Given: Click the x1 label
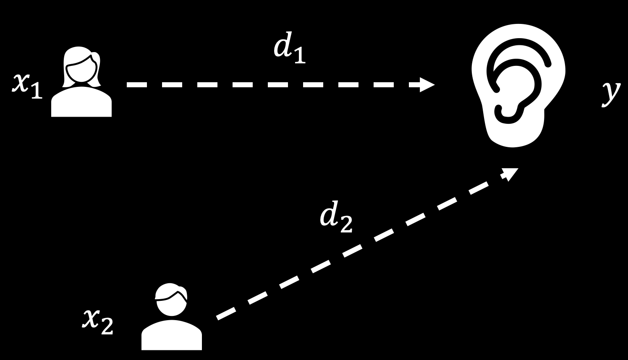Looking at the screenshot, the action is pos(27,87).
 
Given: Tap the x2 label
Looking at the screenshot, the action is pos(97,323).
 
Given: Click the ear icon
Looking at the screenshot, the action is pos(518,86).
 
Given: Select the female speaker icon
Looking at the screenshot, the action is pos(81,81).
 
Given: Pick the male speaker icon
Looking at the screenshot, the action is pos(172,317).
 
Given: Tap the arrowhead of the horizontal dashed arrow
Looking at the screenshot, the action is pos(427,85).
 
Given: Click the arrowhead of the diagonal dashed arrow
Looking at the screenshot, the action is pos(511,174).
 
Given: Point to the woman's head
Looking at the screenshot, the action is pos(81,67).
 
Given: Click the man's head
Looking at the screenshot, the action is pos(171,300).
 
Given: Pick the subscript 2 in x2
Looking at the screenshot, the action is pos(107,327).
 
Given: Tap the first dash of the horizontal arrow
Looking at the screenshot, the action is pos(137,85).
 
